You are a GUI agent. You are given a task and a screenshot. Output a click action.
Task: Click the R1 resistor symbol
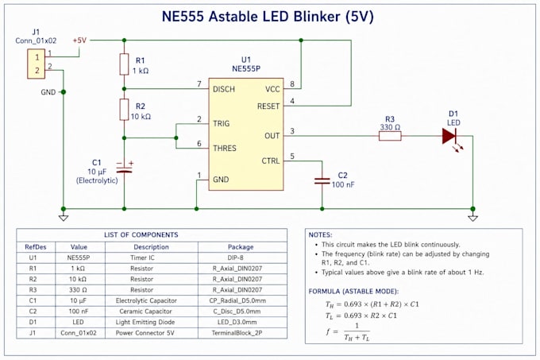click(125, 64)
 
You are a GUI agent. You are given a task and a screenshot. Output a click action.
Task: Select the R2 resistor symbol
click(125, 110)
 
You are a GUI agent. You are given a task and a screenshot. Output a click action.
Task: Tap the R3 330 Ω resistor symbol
click(390, 136)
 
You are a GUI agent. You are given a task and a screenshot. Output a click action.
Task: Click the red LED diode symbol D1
click(449, 136)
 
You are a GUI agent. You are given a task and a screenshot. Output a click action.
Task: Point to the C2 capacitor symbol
click(322, 181)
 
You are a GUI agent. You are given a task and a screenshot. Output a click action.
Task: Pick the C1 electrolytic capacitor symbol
click(125, 169)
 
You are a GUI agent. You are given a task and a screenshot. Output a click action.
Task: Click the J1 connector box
click(37, 64)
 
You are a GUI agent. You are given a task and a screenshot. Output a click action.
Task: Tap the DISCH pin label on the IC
click(224, 89)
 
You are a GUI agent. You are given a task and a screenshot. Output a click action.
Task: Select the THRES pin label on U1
click(225, 148)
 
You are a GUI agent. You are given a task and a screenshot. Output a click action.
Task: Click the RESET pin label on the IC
click(268, 106)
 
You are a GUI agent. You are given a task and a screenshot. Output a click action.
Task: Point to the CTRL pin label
click(271, 161)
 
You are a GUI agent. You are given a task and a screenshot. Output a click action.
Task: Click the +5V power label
click(79, 41)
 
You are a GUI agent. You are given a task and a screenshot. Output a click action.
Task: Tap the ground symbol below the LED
click(472, 218)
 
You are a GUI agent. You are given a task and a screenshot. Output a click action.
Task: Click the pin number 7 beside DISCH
click(199, 83)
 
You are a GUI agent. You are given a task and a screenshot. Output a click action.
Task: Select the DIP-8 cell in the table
click(241, 257)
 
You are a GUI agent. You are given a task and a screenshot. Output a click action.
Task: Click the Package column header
click(241, 247)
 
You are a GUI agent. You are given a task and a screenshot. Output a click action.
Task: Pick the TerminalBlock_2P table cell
click(241, 333)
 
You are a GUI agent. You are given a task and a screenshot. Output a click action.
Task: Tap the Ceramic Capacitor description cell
click(145, 312)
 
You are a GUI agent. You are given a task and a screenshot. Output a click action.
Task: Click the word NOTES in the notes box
click(319, 235)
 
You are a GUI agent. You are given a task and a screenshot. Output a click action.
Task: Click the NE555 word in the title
click(183, 17)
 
